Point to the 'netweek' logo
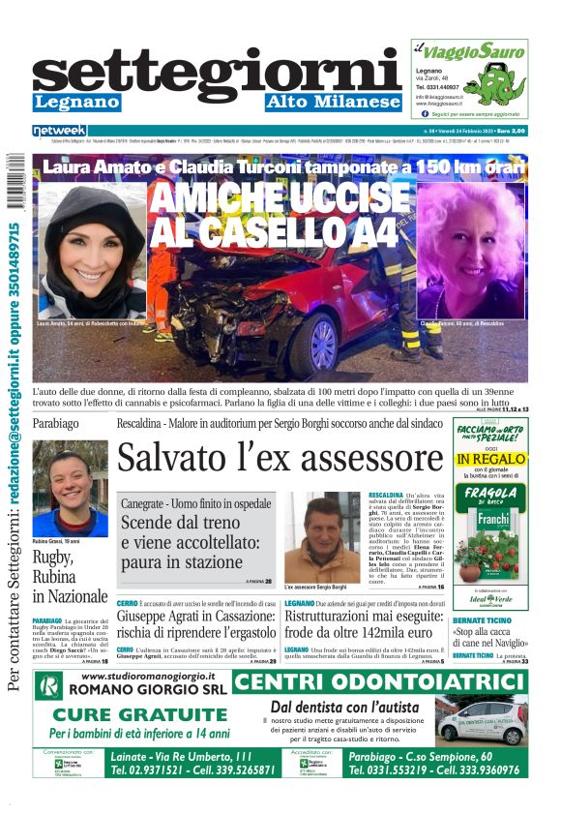[x=59, y=131]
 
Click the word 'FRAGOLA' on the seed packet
[x=489, y=493]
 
